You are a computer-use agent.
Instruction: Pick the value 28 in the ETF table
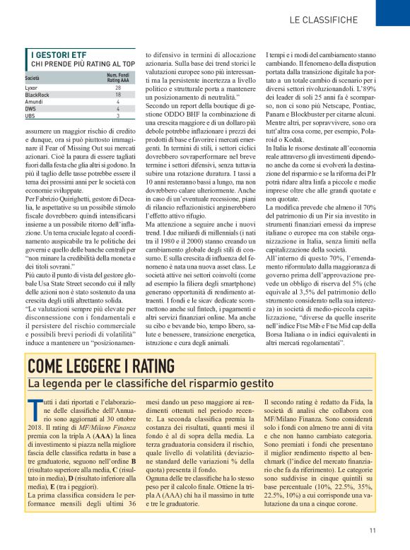pyautogui.click(x=118, y=88)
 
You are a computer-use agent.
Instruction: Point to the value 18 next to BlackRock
pyautogui.click(x=118, y=95)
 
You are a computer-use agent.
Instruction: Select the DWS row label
pyautogui.click(x=30, y=109)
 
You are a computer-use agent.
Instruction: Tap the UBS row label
pyautogui.click(x=30, y=115)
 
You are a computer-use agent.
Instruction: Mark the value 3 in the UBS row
pyautogui.click(x=118, y=115)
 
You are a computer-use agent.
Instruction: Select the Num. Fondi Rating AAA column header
pyautogui.click(x=118, y=78)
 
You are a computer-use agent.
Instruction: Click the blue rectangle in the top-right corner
pyautogui.click(x=392, y=12)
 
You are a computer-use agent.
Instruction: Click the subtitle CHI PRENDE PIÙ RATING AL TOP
pyautogui.click(x=83, y=64)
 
